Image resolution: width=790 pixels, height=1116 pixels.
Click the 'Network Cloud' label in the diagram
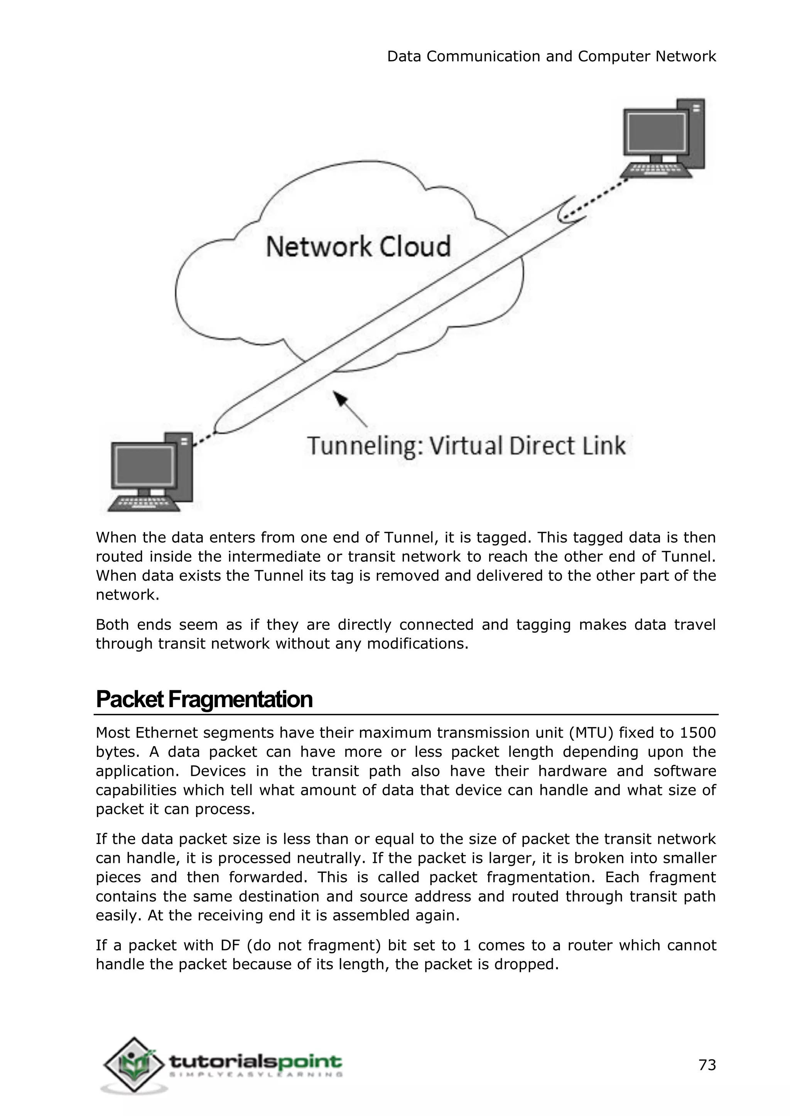pyautogui.click(x=358, y=246)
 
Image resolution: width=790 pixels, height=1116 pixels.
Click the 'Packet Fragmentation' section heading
pyautogui.click(x=204, y=699)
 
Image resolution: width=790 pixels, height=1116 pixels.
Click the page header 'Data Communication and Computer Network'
pyautogui.click(x=551, y=56)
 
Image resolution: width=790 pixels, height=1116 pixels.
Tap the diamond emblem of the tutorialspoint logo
pyautogui.click(x=133, y=1066)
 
